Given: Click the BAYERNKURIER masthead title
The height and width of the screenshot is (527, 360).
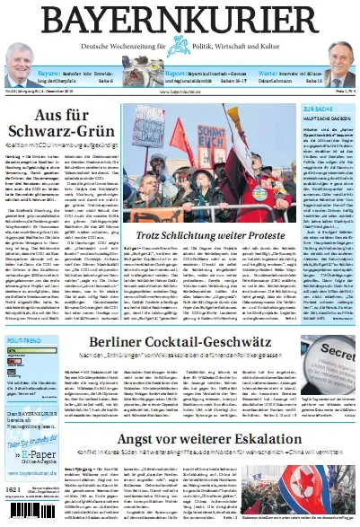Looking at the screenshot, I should (180, 20).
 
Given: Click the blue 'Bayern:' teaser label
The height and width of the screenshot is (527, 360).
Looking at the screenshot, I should (49, 74).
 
